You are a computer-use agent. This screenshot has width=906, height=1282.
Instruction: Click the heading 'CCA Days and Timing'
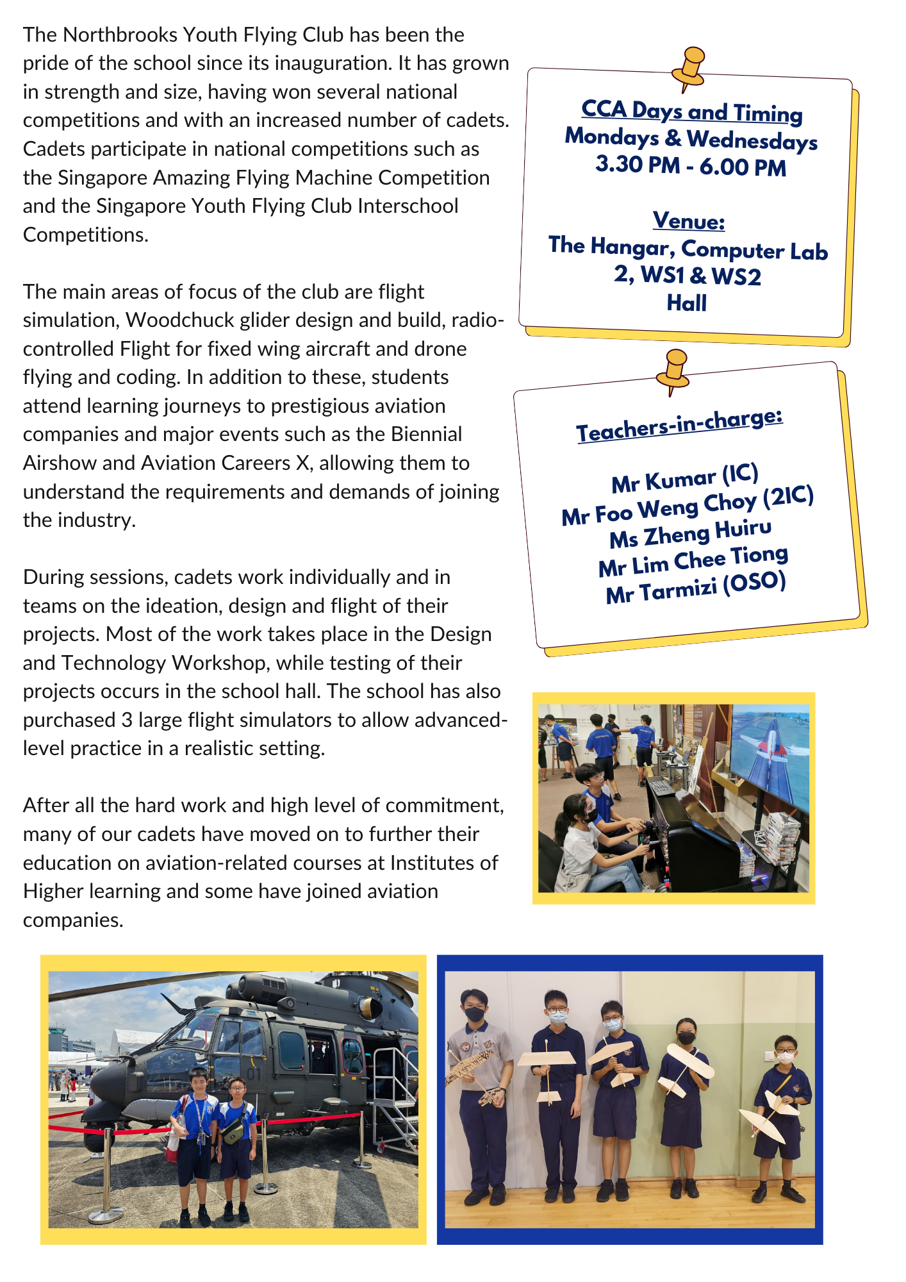pyautogui.click(x=691, y=112)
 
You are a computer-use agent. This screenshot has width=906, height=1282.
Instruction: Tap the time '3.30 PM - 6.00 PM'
pyautogui.click(x=690, y=165)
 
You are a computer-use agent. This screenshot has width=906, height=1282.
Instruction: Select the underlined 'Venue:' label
pyautogui.click(x=689, y=221)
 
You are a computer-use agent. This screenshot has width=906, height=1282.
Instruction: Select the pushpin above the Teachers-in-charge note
pyautogui.click(x=675, y=370)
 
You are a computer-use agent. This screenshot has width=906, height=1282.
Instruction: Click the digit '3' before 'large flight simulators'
pyautogui.click(x=126, y=720)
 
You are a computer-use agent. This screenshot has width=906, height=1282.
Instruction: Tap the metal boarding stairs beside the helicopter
pyautogui.click(x=391, y=1090)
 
